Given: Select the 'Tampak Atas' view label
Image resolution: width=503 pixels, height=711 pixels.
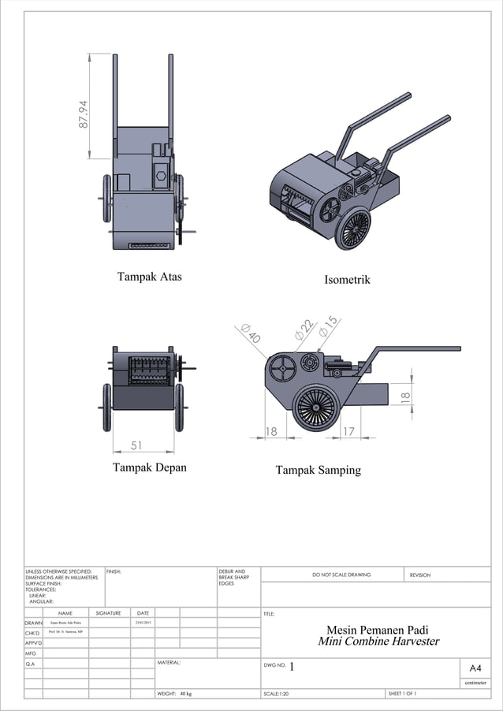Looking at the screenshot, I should pyautogui.click(x=150, y=277).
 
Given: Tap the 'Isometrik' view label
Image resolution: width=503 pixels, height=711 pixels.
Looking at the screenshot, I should pyautogui.click(x=347, y=280).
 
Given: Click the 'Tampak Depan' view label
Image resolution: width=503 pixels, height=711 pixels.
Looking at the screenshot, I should pyautogui.click(x=150, y=467).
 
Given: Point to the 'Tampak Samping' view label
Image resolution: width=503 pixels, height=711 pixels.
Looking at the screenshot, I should pyautogui.click(x=318, y=470).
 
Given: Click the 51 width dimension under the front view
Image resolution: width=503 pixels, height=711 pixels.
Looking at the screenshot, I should pyautogui.click(x=136, y=445).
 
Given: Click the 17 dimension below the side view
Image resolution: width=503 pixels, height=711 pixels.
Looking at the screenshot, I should pyautogui.click(x=348, y=431).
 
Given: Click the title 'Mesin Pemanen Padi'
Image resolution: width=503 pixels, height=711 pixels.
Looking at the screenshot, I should pyautogui.click(x=378, y=629).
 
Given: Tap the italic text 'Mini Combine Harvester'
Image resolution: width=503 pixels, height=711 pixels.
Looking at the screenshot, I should pyautogui.click(x=378, y=642).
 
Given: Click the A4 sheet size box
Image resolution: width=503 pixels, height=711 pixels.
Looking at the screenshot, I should pyautogui.click(x=475, y=668).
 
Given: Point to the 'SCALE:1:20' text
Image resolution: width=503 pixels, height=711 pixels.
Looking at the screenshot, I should pyautogui.click(x=281, y=694).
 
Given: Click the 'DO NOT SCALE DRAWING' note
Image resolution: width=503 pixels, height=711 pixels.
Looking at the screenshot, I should pyautogui.click(x=341, y=575).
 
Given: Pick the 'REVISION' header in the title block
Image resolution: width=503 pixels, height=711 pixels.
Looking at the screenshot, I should pyautogui.click(x=420, y=575).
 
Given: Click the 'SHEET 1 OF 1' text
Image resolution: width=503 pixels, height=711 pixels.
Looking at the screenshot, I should pyautogui.click(x=402, y=694).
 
